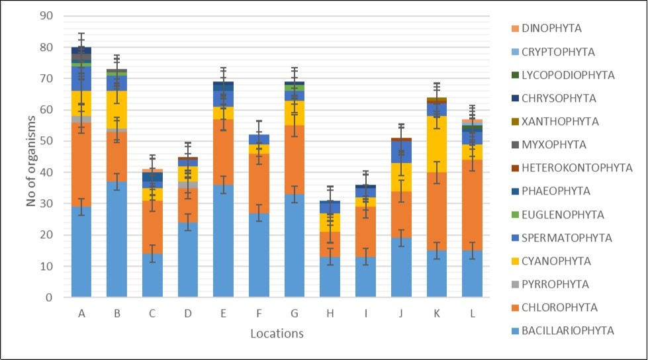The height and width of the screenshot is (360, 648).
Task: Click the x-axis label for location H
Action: coord(330,314)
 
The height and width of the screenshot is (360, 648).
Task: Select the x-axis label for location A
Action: coord(81,314)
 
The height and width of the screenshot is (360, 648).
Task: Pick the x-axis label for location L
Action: coord(472,314)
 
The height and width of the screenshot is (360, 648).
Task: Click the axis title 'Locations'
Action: coord(277,334)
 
